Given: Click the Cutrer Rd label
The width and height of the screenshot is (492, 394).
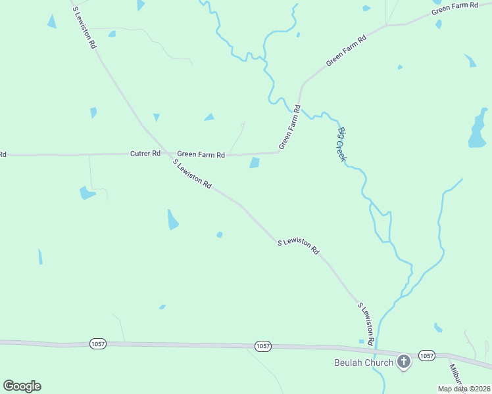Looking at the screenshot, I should coord(145,153).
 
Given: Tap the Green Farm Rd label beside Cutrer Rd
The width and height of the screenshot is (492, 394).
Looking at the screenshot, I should coord(201,154).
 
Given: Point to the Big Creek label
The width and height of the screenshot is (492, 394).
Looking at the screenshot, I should coord(342,144).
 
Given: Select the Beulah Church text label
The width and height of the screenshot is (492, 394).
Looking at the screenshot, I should coord(362,362).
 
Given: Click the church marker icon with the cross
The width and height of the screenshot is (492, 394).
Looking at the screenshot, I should coord(404,361).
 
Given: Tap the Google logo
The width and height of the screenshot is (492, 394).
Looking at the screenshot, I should coord(22,386).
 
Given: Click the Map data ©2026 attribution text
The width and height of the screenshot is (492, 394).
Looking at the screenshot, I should coord(463,389).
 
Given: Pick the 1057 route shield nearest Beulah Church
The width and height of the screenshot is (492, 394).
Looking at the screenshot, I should coord(426,355).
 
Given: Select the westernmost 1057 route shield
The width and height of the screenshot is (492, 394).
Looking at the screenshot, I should coord(97,343).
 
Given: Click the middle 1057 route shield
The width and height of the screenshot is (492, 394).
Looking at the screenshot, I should coord(262,346).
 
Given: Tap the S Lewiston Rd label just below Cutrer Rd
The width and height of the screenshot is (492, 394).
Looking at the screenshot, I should coord(192,174).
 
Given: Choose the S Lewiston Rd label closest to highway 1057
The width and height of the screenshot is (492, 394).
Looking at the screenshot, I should coord(366,324).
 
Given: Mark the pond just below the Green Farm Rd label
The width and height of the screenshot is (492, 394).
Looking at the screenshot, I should coord(255,163).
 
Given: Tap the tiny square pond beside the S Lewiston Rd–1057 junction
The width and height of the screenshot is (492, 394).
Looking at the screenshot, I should coord(360,341).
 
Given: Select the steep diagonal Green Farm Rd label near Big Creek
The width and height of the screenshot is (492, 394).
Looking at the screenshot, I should coord(289,127).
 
